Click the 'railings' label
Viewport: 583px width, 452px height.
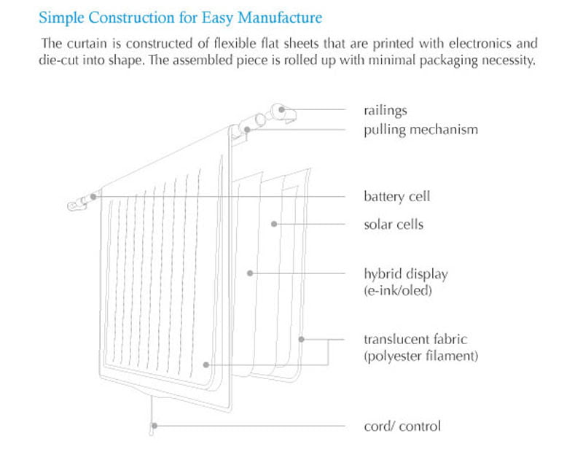click(x=386, y=111)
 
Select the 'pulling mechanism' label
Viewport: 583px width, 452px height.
click(x=421, y=130)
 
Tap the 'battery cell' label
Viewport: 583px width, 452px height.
click(x=396, y=196)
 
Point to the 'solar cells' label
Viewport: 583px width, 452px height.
click(x=394, y=225)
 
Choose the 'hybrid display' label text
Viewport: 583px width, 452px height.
click(x=406, y=274)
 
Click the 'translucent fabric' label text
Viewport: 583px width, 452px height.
click(x=415, y=339)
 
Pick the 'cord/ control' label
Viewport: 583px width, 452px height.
click(x=402, y=426)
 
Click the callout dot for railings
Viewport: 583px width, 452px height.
click(x=282, y=109)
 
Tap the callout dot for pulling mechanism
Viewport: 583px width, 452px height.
click(x=247, y=130)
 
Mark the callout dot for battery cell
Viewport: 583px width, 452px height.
click(x=93, y=196)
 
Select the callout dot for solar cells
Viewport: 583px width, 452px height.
click(x=274, y=224)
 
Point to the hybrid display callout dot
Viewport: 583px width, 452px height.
click(x=250, y=273)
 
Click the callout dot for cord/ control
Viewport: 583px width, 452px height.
click(x=154, y=426)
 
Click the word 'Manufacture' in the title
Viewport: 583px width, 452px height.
click(x=280, y=17)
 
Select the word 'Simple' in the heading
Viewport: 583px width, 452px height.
click(x=61, y=17)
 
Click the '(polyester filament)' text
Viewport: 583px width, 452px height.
click(x=421, y=356)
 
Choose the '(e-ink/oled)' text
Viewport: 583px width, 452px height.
click(x=398, y=290)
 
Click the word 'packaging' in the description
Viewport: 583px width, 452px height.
click(x=448, y=61)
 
